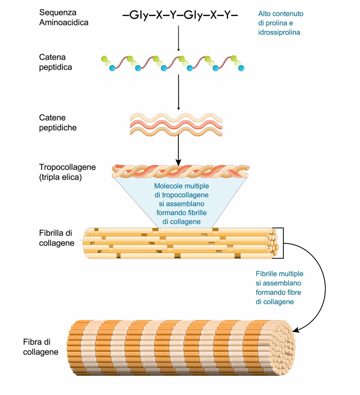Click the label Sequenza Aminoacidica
click(64, 17)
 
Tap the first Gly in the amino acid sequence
click(139, 15)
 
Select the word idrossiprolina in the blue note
click(279, 32)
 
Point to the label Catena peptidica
click(55, 62)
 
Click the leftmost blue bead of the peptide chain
click(112, 68)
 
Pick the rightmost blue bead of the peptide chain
click(241, 68)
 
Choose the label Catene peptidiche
click(58, 123)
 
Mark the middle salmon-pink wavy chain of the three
click(176, 125)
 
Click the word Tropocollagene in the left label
click(67, 167)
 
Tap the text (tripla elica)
click(60, 177)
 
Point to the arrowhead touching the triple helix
click(178, 163)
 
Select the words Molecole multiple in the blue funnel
click(182, 186)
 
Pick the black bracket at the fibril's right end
click(283, 243)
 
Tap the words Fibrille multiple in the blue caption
click(280, 274)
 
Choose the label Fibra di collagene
click(41, 347)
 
